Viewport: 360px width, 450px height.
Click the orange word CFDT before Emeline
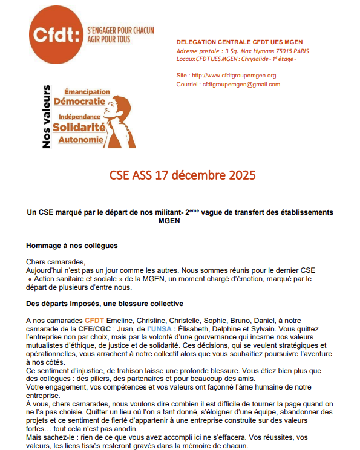94,319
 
